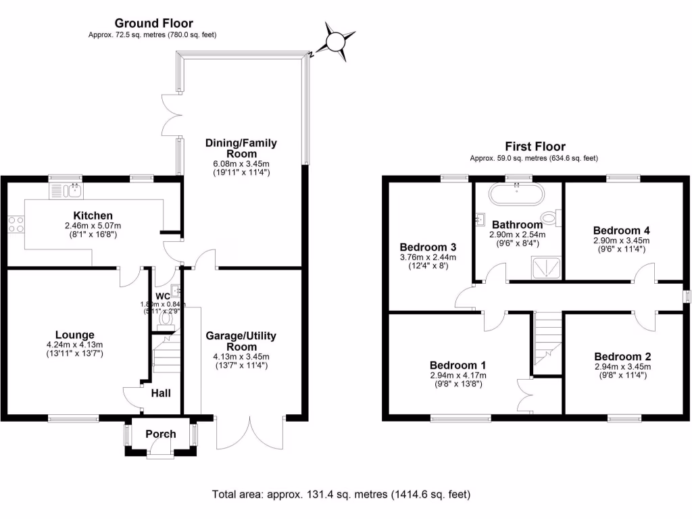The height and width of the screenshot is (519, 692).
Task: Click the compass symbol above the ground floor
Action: coord(336,42)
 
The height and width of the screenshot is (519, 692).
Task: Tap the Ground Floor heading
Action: coord(153,24)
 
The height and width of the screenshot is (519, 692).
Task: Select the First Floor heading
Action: coord(535,146)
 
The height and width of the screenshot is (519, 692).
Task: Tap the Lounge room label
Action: coord(74,335)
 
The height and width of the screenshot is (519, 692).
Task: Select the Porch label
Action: coord(161,434)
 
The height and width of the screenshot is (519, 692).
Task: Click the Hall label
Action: coord(161,393)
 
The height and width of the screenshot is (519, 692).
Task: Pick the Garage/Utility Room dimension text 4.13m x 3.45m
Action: coord(241,357)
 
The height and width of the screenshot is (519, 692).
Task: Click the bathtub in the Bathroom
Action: coord(517,195)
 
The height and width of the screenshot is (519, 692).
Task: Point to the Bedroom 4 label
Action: coord(621,230)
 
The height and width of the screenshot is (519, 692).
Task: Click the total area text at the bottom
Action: coord(341,494)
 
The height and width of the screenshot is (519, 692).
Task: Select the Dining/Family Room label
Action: coord(241,148)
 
